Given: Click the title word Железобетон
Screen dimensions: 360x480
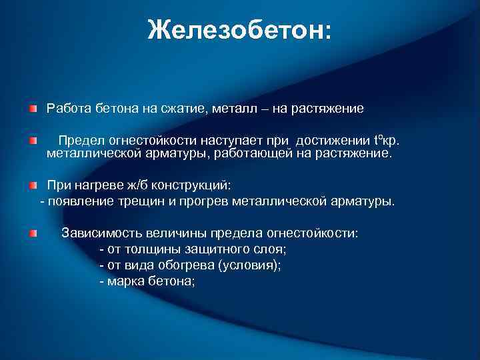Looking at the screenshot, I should tap(238, 29).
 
